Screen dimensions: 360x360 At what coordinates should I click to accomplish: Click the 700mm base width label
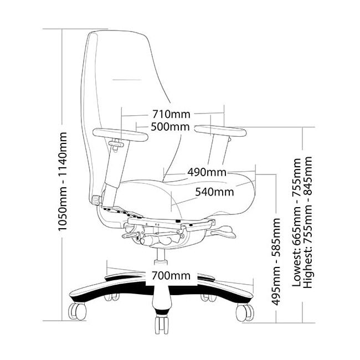(171, 275)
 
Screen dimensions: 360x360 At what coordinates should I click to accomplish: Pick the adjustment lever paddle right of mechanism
(231, 229)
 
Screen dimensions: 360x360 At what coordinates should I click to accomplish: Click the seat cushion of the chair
(183, 194)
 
